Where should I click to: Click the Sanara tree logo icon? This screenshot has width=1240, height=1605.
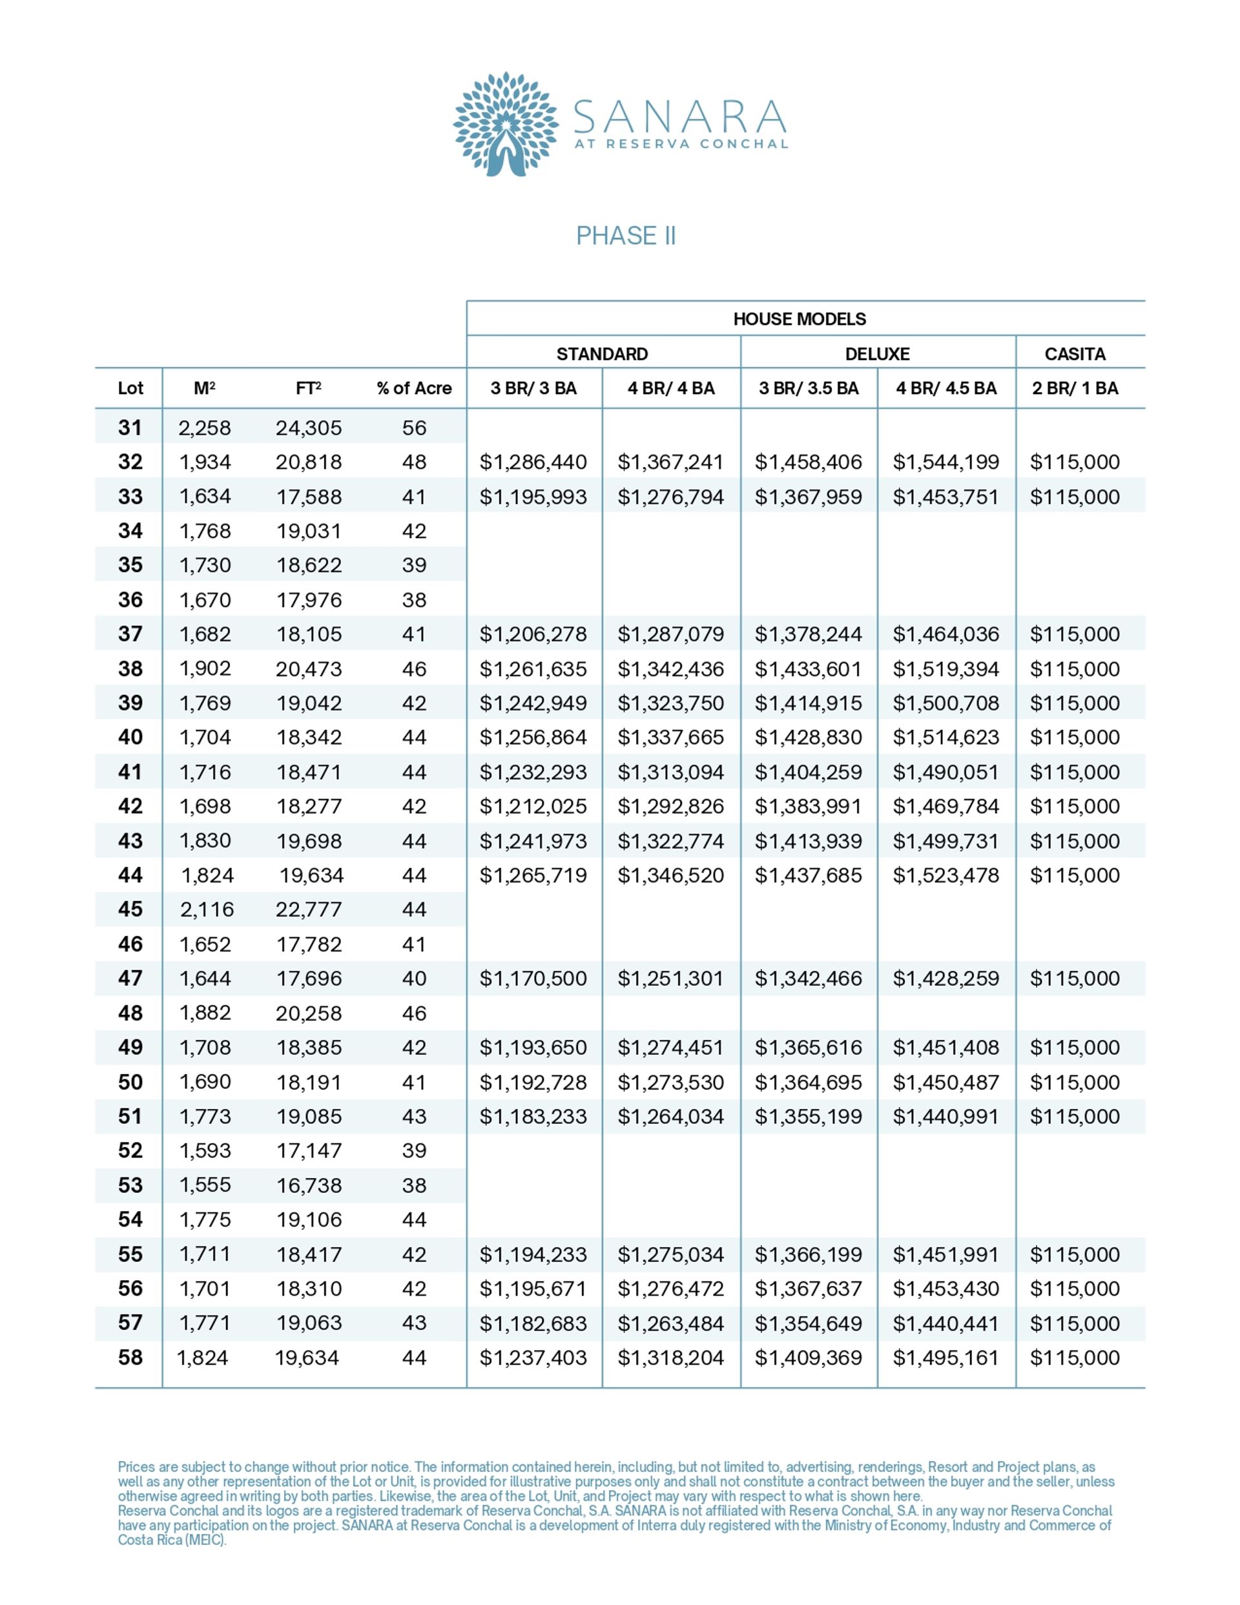click(x=505, y=123)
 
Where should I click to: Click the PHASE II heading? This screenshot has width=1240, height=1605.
click(x=626, y=236)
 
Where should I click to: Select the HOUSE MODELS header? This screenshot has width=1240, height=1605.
click(x=799, y=319)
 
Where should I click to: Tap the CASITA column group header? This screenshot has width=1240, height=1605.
click(x=1075, y=354)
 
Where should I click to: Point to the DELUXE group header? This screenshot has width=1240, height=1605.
click(x=877, y=354)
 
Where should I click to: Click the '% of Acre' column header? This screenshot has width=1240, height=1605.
click(x=414, y=389)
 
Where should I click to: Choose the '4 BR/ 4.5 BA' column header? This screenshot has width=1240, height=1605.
click(x=946, y=389)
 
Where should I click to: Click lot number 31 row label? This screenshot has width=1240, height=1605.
click(x=130, y=428)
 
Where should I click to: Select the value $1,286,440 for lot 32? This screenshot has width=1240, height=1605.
click(x=533, y=462)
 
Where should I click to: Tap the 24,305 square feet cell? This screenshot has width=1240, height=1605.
click(x=309, y=428)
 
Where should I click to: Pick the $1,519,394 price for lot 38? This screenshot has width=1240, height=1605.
click(x=946, y=668)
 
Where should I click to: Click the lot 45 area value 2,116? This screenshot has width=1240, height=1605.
click(x=207, y=910)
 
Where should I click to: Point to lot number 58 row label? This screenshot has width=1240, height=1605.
click(x=130, y=1358)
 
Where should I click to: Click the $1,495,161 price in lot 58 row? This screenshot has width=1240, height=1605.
click(x=946, y=1358)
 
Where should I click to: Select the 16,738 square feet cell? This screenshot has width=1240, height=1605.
click(x=309, y=1185)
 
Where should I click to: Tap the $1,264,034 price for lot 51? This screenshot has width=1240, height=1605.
click(x=670, y=1116)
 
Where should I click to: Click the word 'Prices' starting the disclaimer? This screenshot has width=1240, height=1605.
click(x=136, y=1467)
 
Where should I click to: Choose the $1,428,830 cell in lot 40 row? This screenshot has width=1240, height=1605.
click(x=808, y=737)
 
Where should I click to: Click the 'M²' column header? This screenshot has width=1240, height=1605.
click(x=204, y=389)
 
